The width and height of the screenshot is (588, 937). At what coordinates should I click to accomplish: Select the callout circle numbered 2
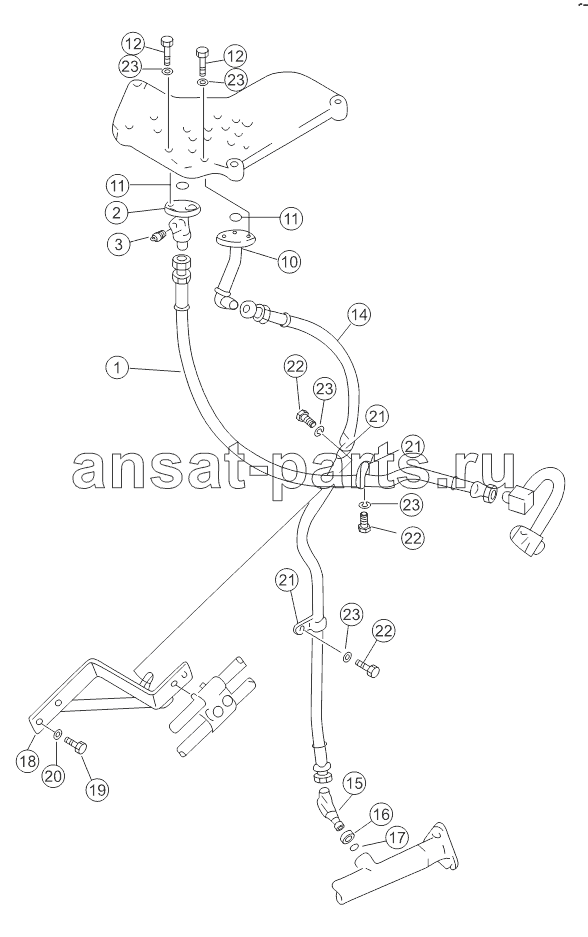117,210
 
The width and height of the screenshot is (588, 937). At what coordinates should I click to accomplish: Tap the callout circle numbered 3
119,243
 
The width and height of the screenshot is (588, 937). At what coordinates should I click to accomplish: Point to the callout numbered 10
289,261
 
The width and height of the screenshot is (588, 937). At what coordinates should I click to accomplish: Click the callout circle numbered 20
53,776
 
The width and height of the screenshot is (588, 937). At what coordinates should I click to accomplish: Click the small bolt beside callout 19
76,744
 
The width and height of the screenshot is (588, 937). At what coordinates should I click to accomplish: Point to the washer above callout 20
57,734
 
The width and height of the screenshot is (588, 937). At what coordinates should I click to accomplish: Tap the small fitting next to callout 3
158,237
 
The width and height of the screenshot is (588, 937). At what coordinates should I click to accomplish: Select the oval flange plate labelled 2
181,209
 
